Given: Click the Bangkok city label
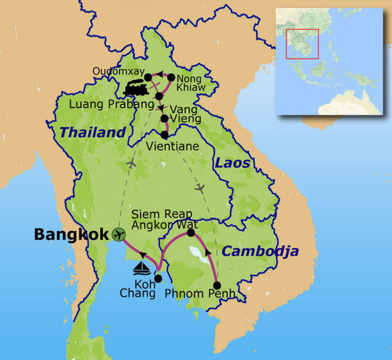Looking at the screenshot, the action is pos(71,235).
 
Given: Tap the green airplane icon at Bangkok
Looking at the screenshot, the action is pos(119,234).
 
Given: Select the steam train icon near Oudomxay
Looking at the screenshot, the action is pos(136,88).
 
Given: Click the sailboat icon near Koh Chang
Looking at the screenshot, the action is pos(142,268).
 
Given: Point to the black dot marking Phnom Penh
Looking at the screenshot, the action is pos(217,285).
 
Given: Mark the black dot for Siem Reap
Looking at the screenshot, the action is pos(191,233).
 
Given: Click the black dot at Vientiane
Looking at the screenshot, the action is pos(165,135).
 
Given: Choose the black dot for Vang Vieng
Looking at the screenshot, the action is pos(164,119).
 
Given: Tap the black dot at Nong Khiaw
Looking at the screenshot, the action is pos(171,77).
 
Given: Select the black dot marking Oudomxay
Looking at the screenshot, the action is pos(148,78).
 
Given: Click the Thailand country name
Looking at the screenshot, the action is pos(92,132).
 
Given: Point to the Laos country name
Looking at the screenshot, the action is pos(232,163).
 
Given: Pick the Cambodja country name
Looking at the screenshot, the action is pos(260,251).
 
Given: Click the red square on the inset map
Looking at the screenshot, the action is pos(302,44).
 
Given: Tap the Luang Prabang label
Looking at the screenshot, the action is pos(111,104).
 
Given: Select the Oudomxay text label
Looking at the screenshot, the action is pos(118,72).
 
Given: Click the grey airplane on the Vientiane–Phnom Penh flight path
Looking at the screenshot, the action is pos(199,188).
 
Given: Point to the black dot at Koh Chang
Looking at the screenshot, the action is pos(158,279).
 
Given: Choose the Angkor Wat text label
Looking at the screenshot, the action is pos(165,225).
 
